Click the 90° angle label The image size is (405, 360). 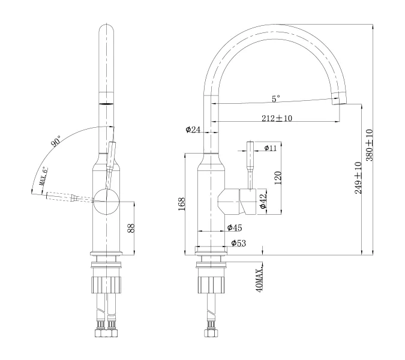click(56, 142)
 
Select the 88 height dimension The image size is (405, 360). click(131, 228)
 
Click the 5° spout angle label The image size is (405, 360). click(276, 99)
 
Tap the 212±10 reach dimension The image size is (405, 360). click(277, 118)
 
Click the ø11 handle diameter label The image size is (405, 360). click(269, 148)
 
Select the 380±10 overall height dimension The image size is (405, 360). click(370, 144)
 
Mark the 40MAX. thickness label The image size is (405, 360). click(260, 280)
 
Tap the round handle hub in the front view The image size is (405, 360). click(107, 200)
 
